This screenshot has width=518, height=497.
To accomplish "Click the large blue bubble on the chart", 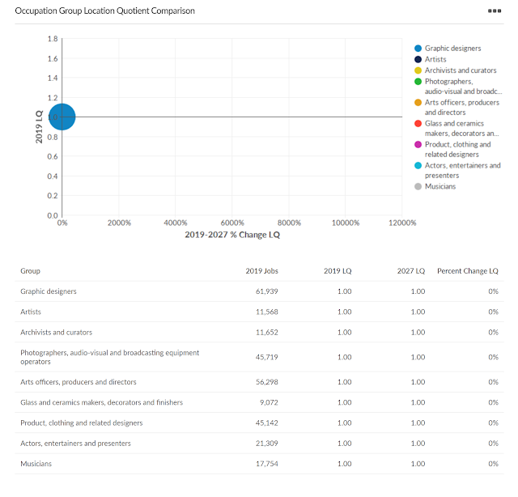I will coord(62,117).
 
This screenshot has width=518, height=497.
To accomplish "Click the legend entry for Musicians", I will coord(439,186).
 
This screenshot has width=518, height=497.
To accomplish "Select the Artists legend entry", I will coord(436,59).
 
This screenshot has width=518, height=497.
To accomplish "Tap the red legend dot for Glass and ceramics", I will coord(418,123).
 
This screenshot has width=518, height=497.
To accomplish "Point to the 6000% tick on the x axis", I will coord(232,223).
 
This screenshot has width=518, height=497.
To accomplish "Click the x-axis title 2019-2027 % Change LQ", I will coord(232,235).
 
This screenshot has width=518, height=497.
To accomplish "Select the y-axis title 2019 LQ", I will coord(39,128).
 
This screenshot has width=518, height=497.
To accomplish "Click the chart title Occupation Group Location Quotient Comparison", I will coord(105,11).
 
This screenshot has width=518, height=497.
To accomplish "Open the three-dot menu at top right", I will coord(494,11).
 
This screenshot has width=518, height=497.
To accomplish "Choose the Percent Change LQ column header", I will coord(467,270).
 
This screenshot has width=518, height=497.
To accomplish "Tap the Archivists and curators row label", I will coord(56,332).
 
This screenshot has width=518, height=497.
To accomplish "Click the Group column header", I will coord(30,270).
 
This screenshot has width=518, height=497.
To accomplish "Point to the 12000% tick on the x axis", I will coord(402,223).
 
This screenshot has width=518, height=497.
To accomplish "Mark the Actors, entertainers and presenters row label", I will coord(75,444).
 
